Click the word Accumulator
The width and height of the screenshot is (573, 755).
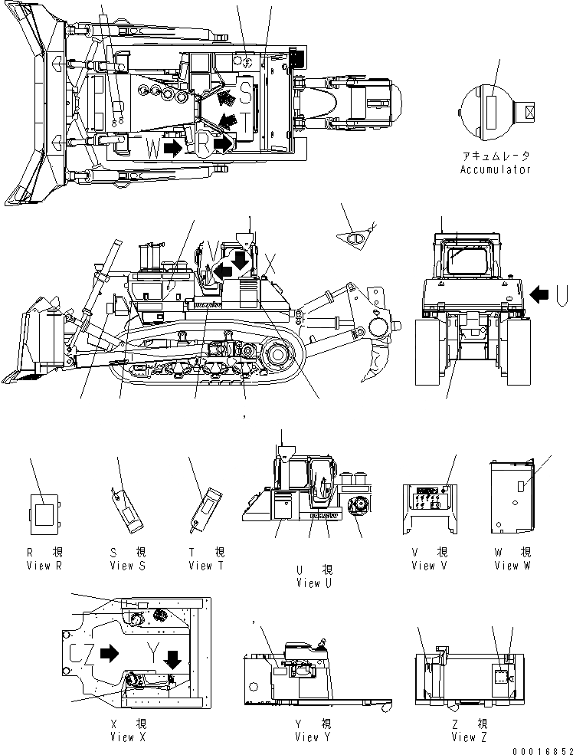coord(495,169)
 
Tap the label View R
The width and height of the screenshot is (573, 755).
coord(44,566)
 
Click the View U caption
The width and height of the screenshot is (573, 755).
coord(314,583)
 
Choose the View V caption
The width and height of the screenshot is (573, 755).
coord(423,566)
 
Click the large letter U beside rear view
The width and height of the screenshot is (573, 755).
coord(562,293)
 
